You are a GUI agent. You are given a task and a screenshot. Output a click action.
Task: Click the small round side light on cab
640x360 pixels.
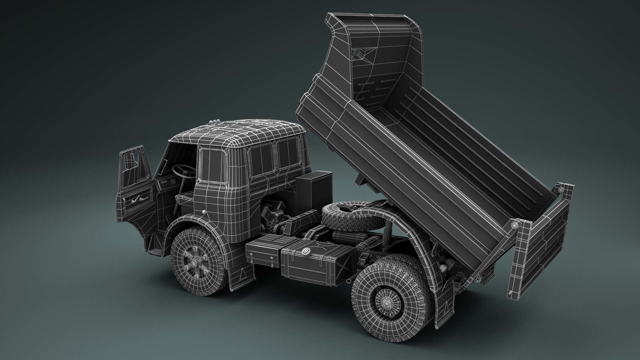tap(204, 212)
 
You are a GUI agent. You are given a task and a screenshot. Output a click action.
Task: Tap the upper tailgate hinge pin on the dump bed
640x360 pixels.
tap(561, 189)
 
